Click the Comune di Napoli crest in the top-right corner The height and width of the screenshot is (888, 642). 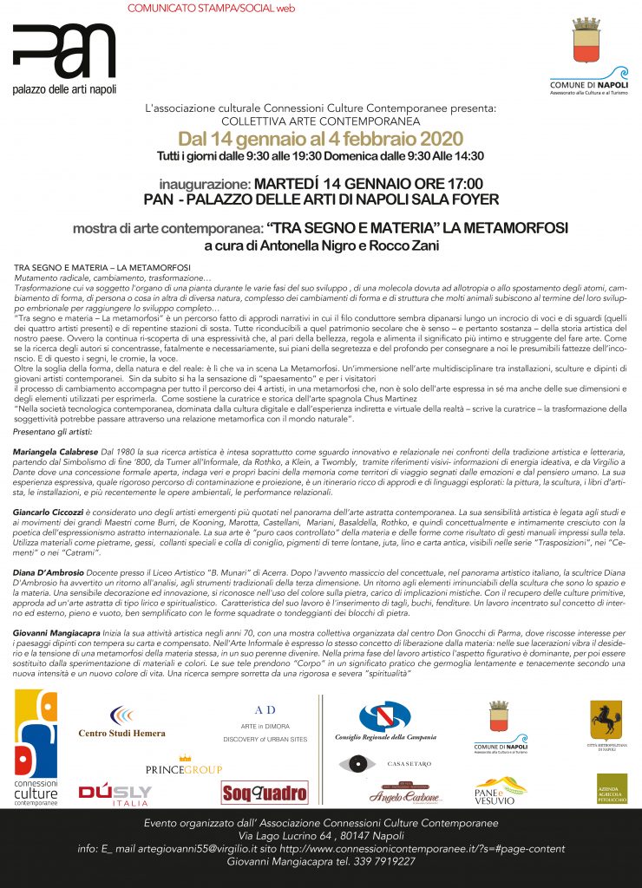pyautogui.click(x=588, y=41)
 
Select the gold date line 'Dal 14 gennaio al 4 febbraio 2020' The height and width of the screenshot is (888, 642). pyautogui.click(x=320, y=139)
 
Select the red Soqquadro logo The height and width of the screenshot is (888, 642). pyautogui.click(x=265, y=791)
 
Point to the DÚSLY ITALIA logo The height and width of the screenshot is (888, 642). pyautogui.click(x=115, y=793)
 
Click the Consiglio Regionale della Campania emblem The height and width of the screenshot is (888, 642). pyautogui.click(x=384, y=721)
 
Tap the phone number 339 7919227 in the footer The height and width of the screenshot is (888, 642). pyautogui.click(x=376, y=861)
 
